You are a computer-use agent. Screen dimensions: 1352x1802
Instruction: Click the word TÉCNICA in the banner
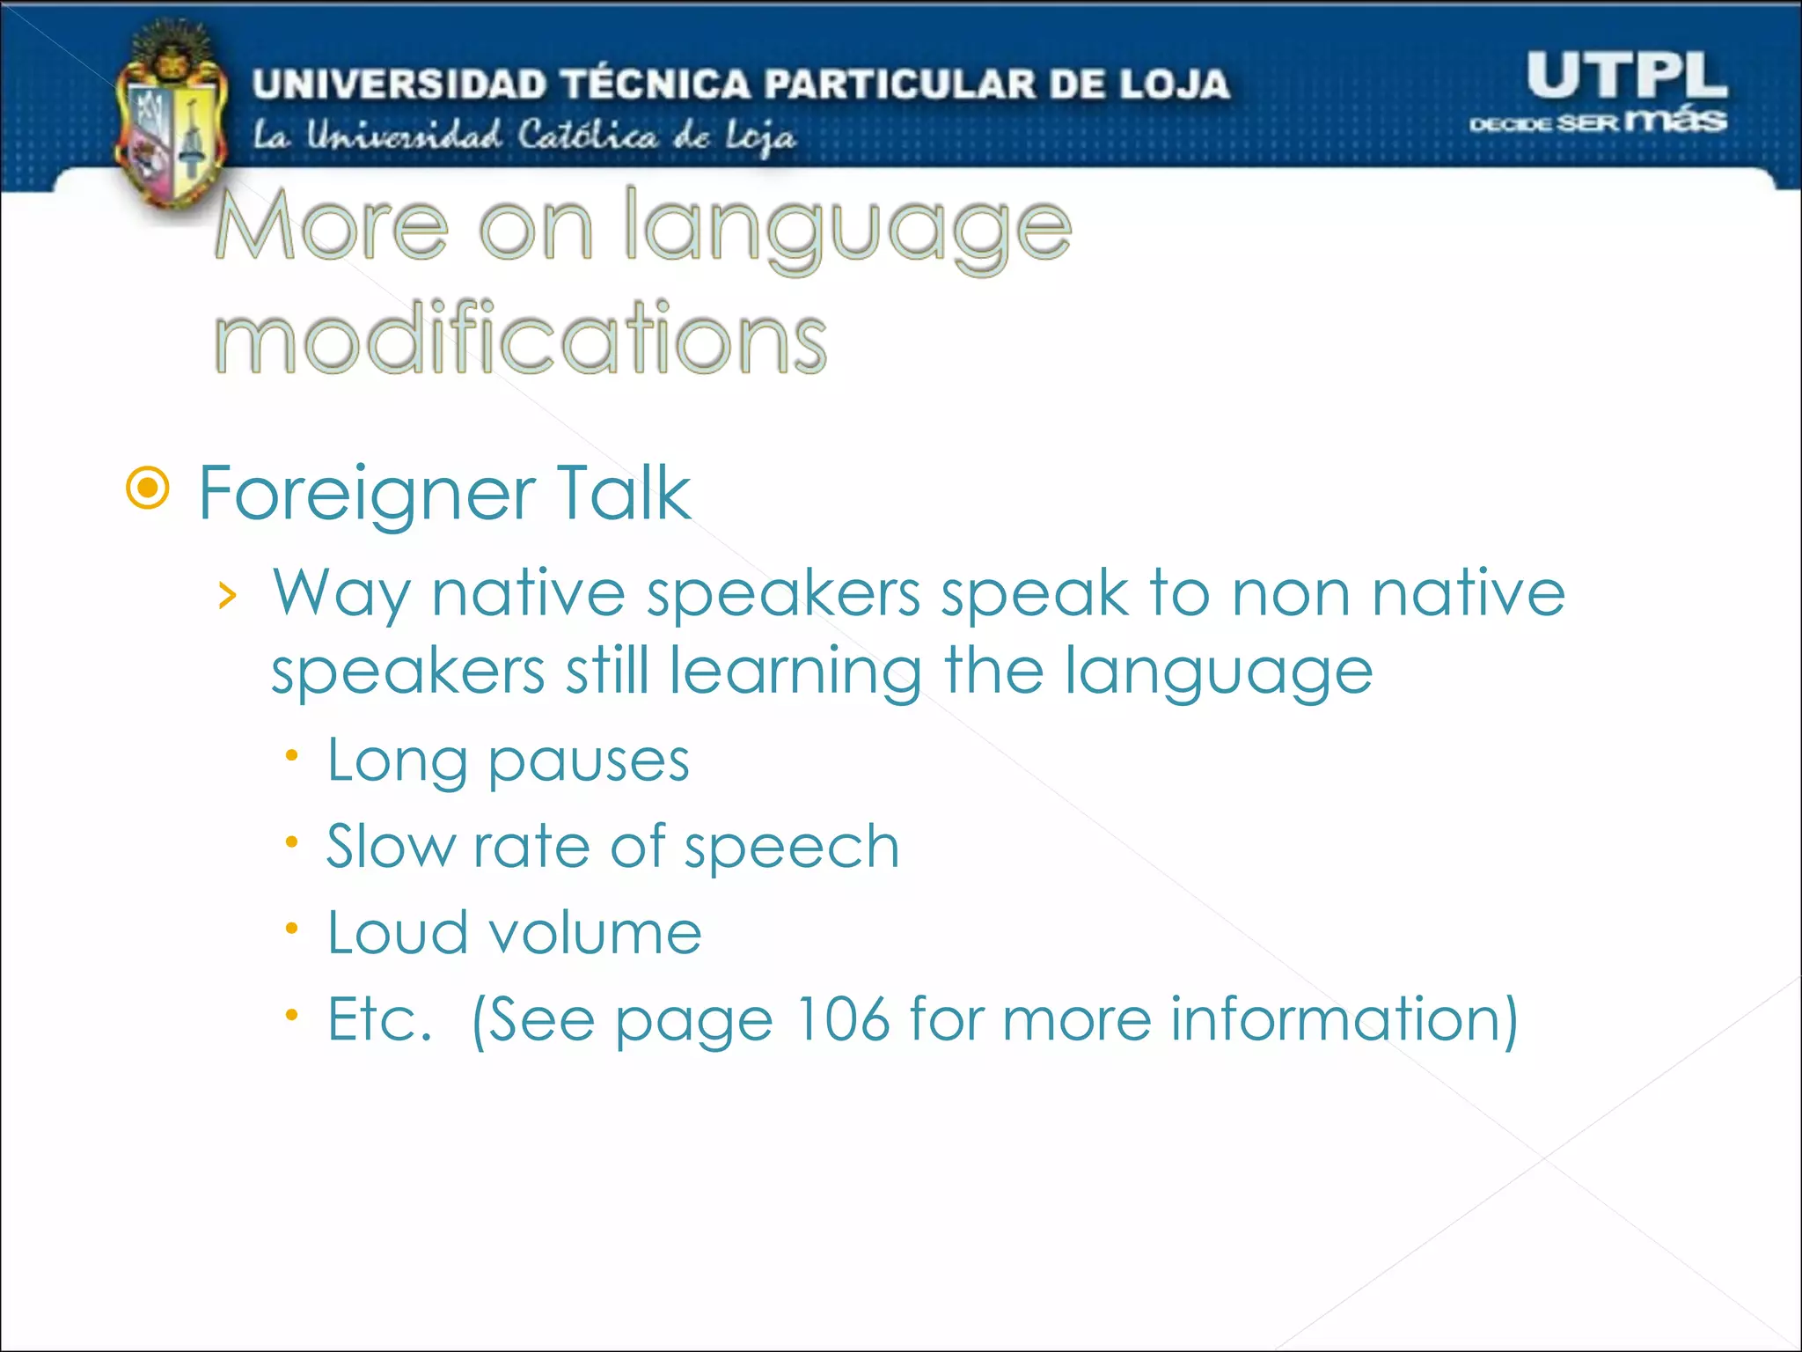[x=656, y=84]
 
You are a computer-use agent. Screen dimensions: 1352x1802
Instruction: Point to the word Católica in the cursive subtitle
[x=587, y=136]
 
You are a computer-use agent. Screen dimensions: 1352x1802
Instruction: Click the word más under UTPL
[x=1675, y=119]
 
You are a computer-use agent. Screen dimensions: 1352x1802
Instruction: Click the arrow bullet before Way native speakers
[x=228, y=596]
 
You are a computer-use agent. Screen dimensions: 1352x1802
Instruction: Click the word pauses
[x=589, y=761]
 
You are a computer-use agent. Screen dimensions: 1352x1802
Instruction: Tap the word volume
[x=595, y=933]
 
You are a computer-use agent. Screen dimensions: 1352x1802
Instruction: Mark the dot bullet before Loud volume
[x=292, y=929]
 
